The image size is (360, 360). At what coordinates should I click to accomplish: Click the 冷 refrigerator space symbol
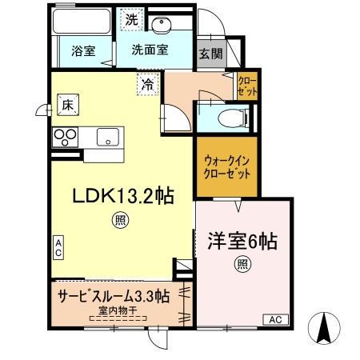[x=147, y=82]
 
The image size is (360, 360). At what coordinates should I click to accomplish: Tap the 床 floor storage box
[x=66, y=102]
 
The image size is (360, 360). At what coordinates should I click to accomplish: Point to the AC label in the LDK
[x=58, y=249]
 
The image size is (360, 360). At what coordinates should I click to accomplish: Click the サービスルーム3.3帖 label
[x=112, y=295]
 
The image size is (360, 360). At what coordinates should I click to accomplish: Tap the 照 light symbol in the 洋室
[x=241, y=264]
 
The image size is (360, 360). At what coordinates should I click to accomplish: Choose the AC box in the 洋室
[x=274, y=319]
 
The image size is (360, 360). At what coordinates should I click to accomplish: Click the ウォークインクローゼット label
[x=227, y=166]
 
